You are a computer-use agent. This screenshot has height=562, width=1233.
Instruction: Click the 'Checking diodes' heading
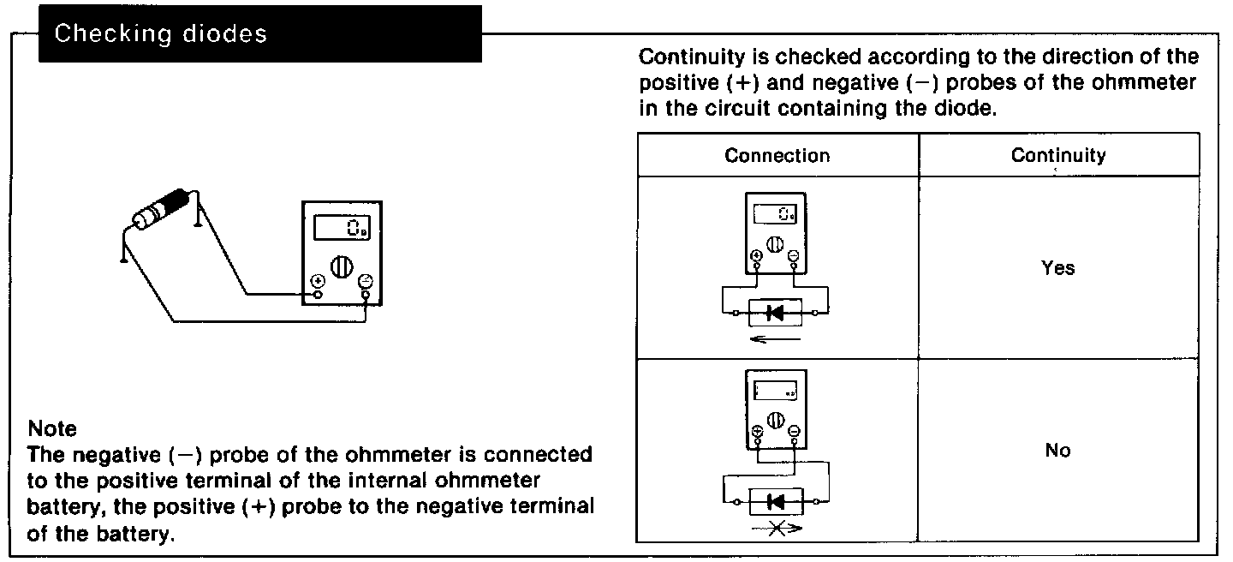click(160, 34)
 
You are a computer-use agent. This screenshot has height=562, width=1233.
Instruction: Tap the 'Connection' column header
click(777, 155)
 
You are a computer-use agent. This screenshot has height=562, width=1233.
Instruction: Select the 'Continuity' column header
click(1057, 155)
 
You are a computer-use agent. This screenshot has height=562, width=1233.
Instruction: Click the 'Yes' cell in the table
click(1057, 268)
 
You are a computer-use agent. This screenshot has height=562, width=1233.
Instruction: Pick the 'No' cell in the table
click(1057, 451)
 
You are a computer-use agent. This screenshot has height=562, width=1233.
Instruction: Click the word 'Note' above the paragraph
click(52, 428)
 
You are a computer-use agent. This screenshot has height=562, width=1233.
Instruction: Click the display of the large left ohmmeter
click(342, 227)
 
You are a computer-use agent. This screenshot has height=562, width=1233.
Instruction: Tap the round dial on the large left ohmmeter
click(342, 265)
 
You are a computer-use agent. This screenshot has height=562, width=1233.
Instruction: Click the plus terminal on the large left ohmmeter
click(318, 281)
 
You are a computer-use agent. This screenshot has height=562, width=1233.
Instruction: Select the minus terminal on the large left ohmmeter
click(366, 281)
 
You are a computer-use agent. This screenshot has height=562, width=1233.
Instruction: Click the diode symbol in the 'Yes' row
click(776, 314)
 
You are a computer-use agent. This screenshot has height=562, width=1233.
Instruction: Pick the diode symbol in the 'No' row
click(776, 500)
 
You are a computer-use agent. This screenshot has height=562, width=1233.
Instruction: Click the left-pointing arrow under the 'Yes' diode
click(772, 341)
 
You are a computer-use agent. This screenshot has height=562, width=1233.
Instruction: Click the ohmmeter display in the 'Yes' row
click(776, 214)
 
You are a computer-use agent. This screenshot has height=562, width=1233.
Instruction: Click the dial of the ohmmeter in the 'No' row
click(776, 420)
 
